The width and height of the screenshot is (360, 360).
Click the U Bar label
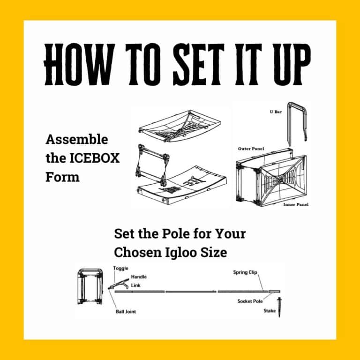(276, 112)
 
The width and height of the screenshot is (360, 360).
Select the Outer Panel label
(251, 149)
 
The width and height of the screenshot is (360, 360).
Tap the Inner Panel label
(296, 205)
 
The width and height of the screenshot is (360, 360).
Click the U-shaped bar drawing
(296, 122)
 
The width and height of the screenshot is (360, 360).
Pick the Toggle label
(120, 268)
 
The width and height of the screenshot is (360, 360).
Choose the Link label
(135, 285)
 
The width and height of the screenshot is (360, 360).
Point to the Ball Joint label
(126, 311)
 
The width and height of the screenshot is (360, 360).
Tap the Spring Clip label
(246, 272)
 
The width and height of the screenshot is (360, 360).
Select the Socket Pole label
(250, 301)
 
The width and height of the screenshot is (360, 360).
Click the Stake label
(270, 310)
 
